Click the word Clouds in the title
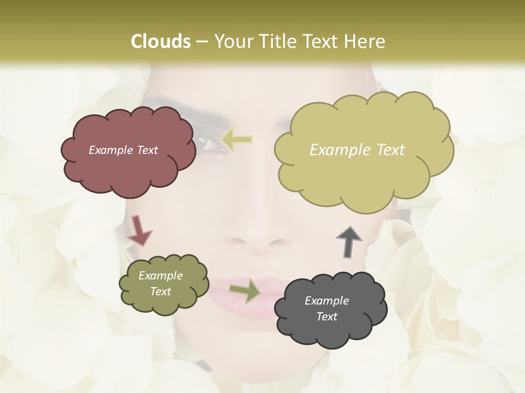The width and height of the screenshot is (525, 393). pyautogui.click(x=160, y=41)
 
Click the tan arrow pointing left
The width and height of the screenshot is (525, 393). pyautogui.click(x=237, y=140)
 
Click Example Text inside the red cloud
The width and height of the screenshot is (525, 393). pyautogui.click(x=123, y=150)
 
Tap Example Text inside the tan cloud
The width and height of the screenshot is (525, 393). pyautogui.click(x=357, y=150)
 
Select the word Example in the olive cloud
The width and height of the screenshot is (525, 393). pyautogui.click(x=160, y=276)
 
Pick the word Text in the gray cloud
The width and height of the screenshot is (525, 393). pyautogui.click(x=326, y=317)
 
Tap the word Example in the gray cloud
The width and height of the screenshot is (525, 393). pyautogui.click(x=326, y=301)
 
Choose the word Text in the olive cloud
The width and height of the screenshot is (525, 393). pyautogui.click(x=160, y=291)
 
